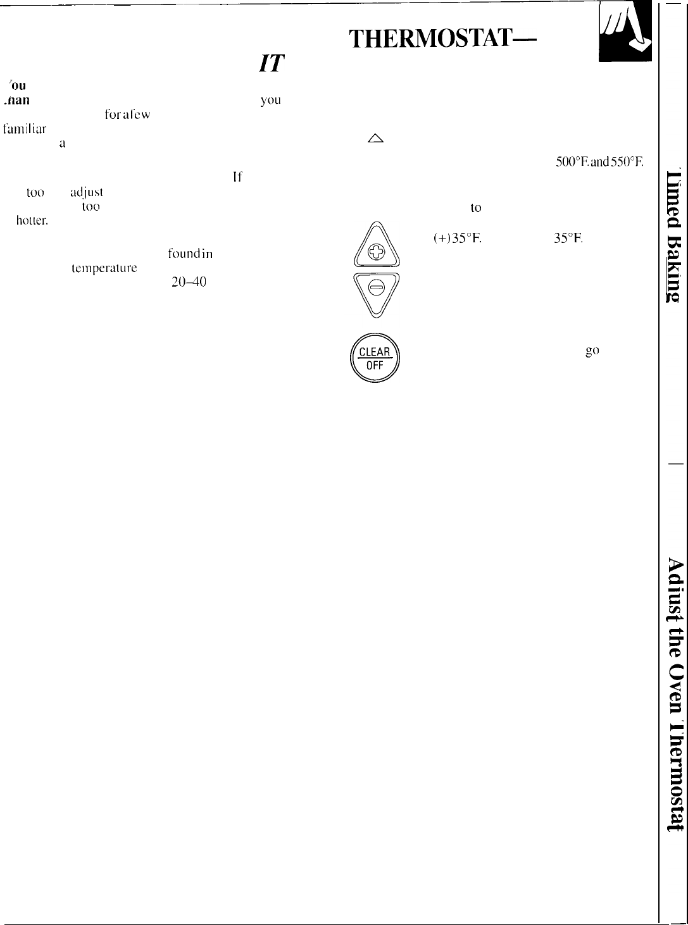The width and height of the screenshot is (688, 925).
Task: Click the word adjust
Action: click(86, 192)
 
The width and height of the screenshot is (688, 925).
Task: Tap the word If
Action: click(237, 178)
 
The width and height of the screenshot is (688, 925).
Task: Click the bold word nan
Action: click(16, 99)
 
